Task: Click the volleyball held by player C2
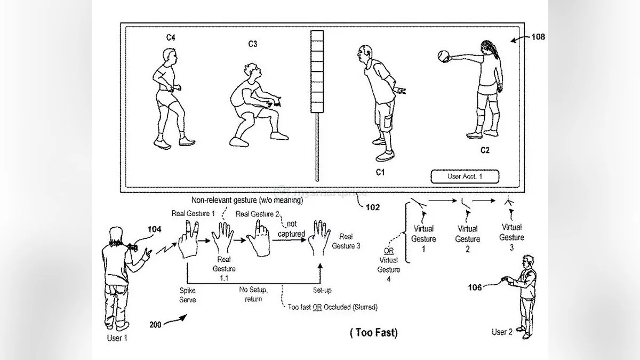point(444,56)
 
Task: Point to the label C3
point(252,44)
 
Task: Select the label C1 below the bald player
point(380,172)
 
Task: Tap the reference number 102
point(373,207)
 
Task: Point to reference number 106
point(475,287)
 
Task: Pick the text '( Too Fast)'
point(373,333)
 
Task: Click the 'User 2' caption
point(502,332)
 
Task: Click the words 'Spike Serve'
point(187,295)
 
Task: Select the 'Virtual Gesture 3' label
point(511,233)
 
